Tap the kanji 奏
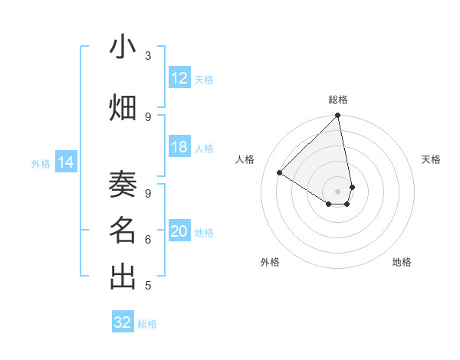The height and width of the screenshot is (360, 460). click(x=123, y=184)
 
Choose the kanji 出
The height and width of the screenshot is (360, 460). click(x=123, y=277)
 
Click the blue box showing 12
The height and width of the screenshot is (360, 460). click(x=179, y=78)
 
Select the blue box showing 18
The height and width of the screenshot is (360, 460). click(x=179, y=147)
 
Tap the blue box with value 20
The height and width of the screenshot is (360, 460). click(x=179, y=231)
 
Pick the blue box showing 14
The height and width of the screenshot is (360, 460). click(x=66, y=162)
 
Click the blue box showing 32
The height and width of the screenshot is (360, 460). click(x=123, y=322)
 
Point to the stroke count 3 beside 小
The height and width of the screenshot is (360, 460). click(x=148, y=56)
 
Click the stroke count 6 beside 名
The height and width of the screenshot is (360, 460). click(x=148, y=240)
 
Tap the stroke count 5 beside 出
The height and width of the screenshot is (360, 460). click(x=148, y=286)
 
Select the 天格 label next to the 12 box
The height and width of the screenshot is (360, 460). click(x=204, y=79)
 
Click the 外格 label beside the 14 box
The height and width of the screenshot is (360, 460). click(x=41, y=163)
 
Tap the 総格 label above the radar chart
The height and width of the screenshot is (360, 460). click(x=338, y=100)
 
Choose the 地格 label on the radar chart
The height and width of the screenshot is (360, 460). click(x=402, y=262)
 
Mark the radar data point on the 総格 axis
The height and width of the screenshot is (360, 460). click(x=338, y=116)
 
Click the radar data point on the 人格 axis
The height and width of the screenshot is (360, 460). click(x=280, y=172)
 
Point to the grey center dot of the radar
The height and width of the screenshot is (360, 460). click(x=338, y=191)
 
